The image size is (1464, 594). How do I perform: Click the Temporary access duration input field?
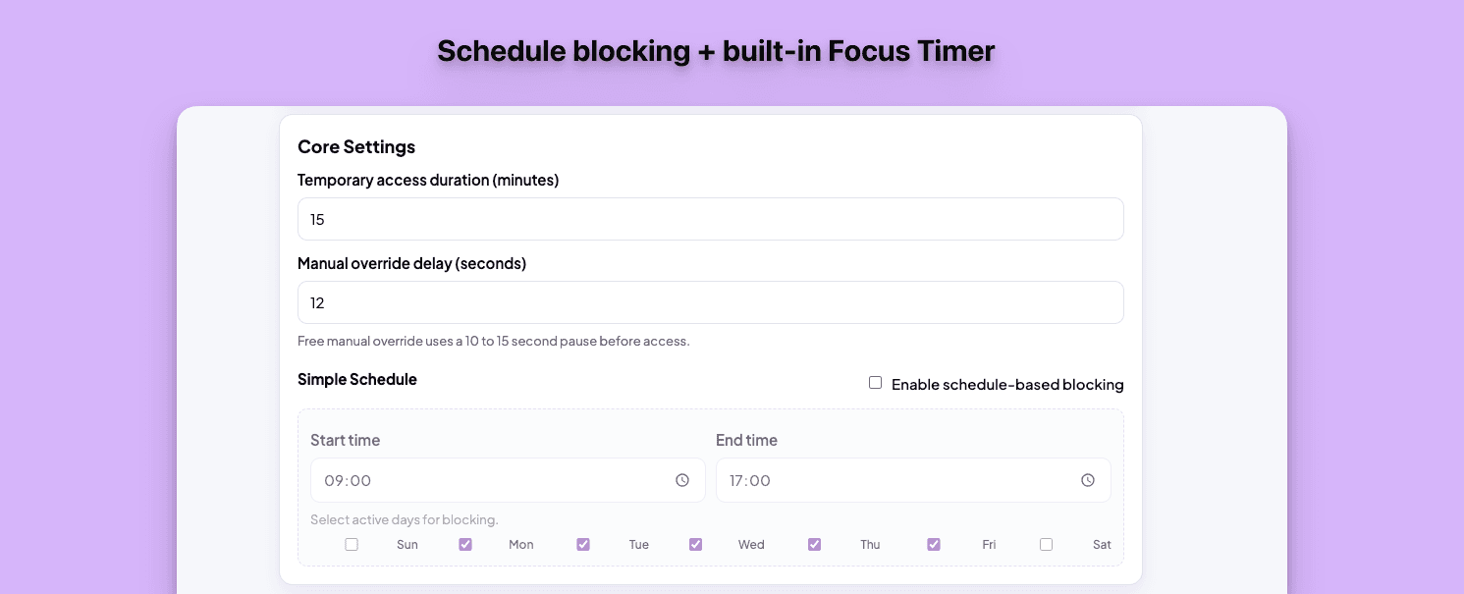click(710, 219)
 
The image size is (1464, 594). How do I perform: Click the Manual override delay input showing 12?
click(710, 302)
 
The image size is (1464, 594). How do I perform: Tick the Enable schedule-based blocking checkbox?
click(875, 383)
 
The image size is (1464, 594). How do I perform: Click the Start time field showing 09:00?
click(491, 480)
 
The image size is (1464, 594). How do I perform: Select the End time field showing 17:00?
click(894, 480)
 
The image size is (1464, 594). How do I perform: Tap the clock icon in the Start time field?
click(682, 480)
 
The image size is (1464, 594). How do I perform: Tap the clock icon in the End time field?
click(1088, 480)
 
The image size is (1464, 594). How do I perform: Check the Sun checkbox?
click(352, 544)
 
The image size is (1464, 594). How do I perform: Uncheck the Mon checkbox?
click(465, 544)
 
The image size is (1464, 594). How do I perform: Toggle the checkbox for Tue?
click(583, 544)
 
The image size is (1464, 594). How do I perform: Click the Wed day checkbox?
click(695, 544)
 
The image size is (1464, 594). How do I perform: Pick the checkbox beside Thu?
click(814, 544)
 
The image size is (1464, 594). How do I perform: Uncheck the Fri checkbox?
click(934, 544)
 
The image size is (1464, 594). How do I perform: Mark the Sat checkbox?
click(1046, 544)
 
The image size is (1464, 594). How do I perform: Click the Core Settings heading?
click(356, 147)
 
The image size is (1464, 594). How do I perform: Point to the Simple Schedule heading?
click(357, 379)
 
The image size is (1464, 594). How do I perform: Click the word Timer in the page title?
click(954, 51)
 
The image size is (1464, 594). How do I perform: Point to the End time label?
click(746, 440)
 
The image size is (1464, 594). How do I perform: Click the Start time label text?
click(345, 440)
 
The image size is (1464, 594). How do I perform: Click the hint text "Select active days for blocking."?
click(405, 519)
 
